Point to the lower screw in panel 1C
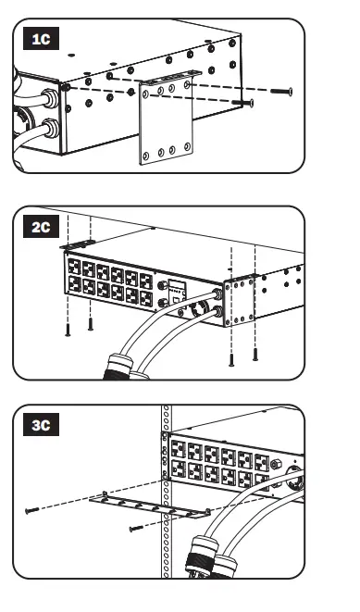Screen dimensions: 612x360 (244, 104)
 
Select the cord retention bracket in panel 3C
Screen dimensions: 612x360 (154, 508)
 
